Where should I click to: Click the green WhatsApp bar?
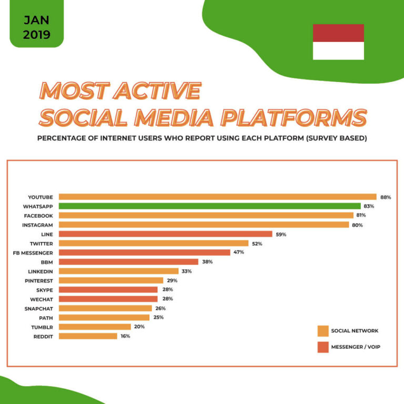pyautogui.click(x=209, y=206)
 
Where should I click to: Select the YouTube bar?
pyautogui.click(x=217, y=197)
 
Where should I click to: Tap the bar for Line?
pyautogui.click(x=165, y=234)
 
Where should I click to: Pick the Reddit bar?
pyautogui.click(x=88, y=336)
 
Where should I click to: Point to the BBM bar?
pyautogui.click(x=128, y=261)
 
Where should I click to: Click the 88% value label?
pyautogui.click(x=386, y=197)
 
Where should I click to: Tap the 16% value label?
pyautogui.click(x=125, y=336)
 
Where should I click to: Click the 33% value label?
pyautogui.click(x=187, y=271)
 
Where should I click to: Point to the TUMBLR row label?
pyautogui.click(x=41, y=327)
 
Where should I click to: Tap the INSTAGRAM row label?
pyautogui.click(x=38, y=225)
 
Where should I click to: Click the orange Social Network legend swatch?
pyautogui.click(x=323, y=331)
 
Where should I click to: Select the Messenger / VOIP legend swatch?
pyautogui.click(x=323, y=347)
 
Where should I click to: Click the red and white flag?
pyautogui.click(x=338, y=42)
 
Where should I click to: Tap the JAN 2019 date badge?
pyautogui.click(x=37, y=28)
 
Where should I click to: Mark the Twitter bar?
pyautogui.click(x=153, y=244)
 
